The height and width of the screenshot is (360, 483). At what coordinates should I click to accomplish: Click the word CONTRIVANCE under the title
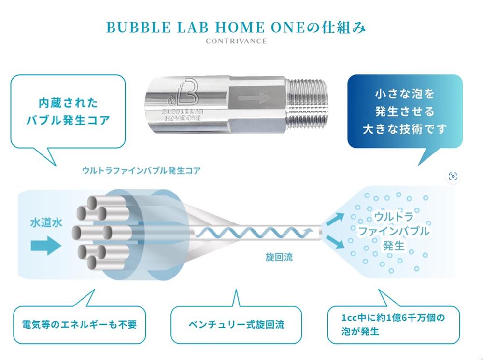(x=236, y=41)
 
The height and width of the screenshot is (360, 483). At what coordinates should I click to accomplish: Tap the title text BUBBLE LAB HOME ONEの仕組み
(x=236, y=28)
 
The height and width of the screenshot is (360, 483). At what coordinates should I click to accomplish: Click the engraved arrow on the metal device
(x=255, y=98)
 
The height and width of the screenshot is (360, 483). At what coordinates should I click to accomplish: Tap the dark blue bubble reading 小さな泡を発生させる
(x=405, y=111)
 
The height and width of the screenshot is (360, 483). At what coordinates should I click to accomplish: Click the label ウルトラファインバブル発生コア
(x=142, y=170)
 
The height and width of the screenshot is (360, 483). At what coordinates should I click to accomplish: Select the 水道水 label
(x=46, y=222)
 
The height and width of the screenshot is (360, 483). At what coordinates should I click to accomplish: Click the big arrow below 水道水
(x=46, y=246)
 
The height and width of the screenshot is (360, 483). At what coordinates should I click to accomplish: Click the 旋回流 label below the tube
(x=279, y=257)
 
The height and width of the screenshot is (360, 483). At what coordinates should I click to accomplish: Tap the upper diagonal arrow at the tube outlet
(x=335, y=219)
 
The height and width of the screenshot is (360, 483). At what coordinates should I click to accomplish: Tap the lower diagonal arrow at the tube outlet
(x=335, y=241)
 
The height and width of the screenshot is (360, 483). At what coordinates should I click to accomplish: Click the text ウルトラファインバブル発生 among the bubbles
(x=394, y=231)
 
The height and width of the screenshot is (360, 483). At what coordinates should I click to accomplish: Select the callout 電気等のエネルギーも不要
(x=79, y=325)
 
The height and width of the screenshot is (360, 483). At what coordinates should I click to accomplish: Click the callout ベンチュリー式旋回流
(x=236, y=325)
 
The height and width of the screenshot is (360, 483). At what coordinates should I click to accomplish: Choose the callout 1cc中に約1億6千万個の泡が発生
(x=393, y=325)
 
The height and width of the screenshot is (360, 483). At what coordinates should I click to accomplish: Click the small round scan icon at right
(x=453, y=176)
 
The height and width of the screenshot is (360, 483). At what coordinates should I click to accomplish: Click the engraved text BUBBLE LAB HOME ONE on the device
(x=182, y=114)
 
